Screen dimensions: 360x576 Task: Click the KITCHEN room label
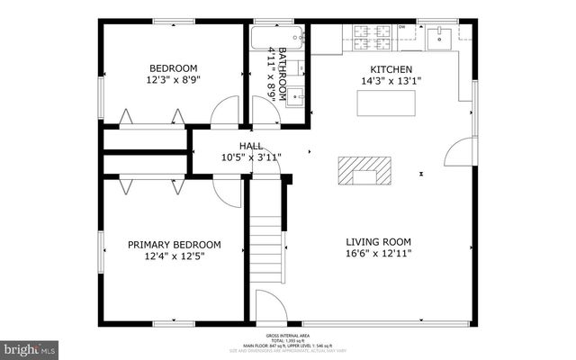[x=391, y=69]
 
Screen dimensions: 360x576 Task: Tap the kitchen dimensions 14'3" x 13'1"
[x=391, y=81]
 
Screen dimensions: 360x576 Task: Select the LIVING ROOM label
[x=379, y=241]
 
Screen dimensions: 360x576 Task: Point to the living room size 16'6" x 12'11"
[x=379, y=254]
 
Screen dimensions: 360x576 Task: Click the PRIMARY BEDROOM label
[x=174, y=244]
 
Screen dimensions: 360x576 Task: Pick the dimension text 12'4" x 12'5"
[x=174, y=256]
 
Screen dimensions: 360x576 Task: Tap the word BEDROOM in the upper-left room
[x=174, y=68]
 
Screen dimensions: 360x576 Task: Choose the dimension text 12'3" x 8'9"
[x=174, y=80]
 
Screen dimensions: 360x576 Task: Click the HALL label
[x=251, y=146]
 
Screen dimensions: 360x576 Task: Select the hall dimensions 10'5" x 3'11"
[x=251, y=157]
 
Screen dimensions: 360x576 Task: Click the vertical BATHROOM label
[x=282, y=72]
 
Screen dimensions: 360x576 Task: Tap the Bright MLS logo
[x=30, y=347]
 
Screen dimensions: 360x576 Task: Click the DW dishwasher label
[x=401, y=27]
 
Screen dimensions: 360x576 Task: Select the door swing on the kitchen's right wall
[x=460, y=151]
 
